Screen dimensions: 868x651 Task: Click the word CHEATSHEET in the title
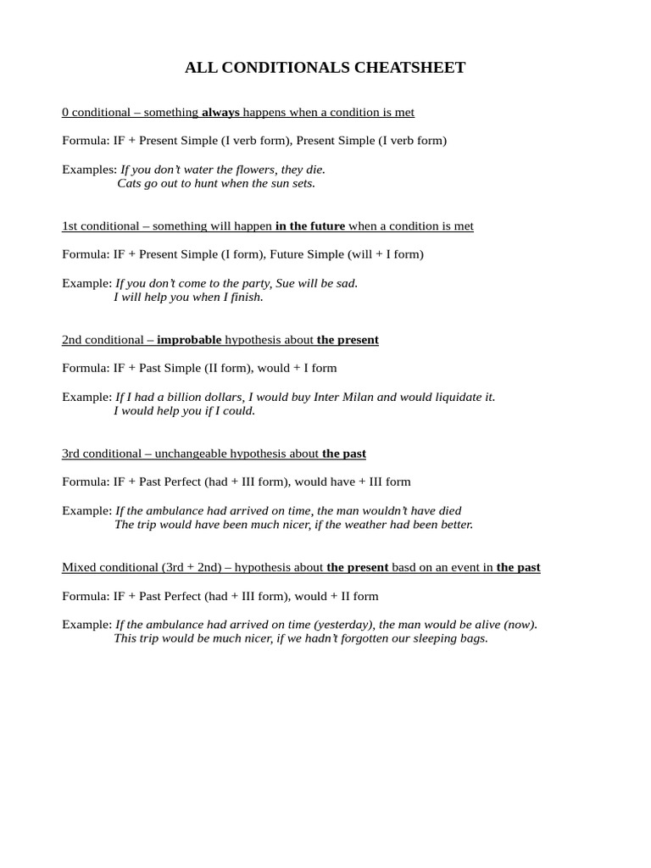click(x=407, y=68)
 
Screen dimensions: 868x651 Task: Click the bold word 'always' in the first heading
click(x=220, y=112)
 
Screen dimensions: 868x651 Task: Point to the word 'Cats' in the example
click(x=131, y=183)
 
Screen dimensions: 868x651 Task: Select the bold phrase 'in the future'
click(x=310, y=226)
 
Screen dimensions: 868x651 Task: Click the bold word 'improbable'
click(x=189, y=340)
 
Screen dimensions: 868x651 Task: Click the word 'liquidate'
click(x=458, y=397)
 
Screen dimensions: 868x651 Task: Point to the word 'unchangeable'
click(x=193, y=453)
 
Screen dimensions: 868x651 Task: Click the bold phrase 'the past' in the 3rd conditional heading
click(x=344, y=453)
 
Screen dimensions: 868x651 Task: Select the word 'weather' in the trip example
click(x=381, y=525)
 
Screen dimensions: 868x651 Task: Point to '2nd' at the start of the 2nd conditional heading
click(x=73, y=340)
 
